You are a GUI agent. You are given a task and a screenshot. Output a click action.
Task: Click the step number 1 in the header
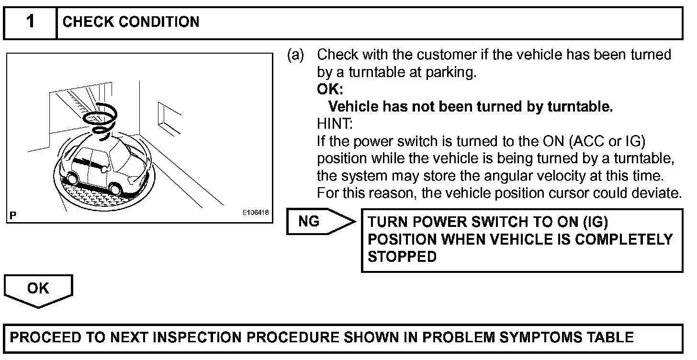[x=30, y=22]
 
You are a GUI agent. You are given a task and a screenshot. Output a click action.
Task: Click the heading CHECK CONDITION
[x=131, y=22]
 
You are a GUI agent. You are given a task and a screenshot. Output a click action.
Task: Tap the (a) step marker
[x=295, y=55]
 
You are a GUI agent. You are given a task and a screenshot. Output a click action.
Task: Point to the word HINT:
[x=335, y=124]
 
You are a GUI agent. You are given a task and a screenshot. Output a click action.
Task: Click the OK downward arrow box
[x=38, y=289]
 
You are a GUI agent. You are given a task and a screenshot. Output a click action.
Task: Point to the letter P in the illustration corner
[x=12, y=216]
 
